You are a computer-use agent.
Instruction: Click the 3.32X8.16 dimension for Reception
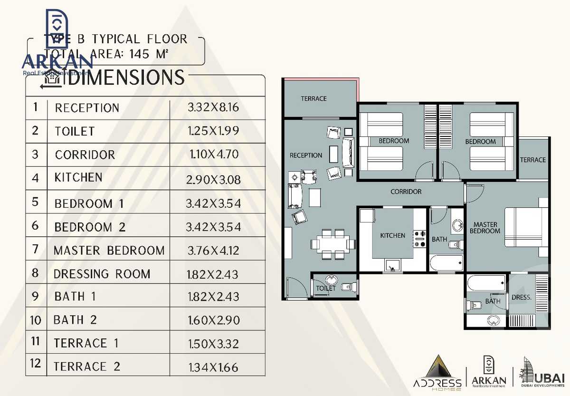(x=213, y=107)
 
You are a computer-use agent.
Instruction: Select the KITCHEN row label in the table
(x=78, y=178)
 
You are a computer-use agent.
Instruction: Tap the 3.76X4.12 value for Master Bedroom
(x=213, y=250)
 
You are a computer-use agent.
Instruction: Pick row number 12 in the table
(x=36, y=364)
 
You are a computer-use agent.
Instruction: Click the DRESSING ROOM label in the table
(x=102, y=274)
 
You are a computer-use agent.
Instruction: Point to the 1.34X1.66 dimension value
(x=213, y=367)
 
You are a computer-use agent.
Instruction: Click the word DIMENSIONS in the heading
(x=126, y=77)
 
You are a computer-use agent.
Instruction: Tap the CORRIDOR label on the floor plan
(x=406, y=192)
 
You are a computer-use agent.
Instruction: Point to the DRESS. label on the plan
(x=521, y=298)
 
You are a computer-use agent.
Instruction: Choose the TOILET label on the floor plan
(x=326, y=288)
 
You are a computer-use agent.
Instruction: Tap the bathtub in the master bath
(x=486, y=284)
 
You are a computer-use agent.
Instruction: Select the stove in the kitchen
(x=420, y=239)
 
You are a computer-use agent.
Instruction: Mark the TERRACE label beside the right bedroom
(x=532, y=160)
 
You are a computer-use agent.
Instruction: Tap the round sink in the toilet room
(x=332, y=280)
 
